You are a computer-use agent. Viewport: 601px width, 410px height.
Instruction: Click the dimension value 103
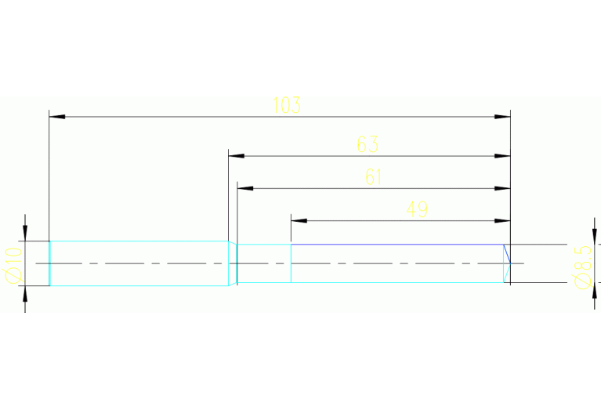pos(287,105)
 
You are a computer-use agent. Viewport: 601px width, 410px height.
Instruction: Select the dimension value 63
pos(367,144)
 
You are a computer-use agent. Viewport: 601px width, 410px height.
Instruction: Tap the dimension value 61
pos(374,177)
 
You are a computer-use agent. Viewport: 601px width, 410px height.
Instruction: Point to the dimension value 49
pos(417,209)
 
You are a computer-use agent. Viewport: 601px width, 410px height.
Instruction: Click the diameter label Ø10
pos(11,265)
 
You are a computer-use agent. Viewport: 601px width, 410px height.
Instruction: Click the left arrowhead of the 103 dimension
pos(56,117)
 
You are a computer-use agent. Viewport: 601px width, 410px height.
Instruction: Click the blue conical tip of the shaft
pos(506,263)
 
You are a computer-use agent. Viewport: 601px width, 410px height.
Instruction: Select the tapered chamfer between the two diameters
pos(233,263)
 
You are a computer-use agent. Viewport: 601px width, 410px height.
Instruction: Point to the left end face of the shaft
pos(50,263)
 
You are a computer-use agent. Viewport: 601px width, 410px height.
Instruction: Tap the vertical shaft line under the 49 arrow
pos(291,263)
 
